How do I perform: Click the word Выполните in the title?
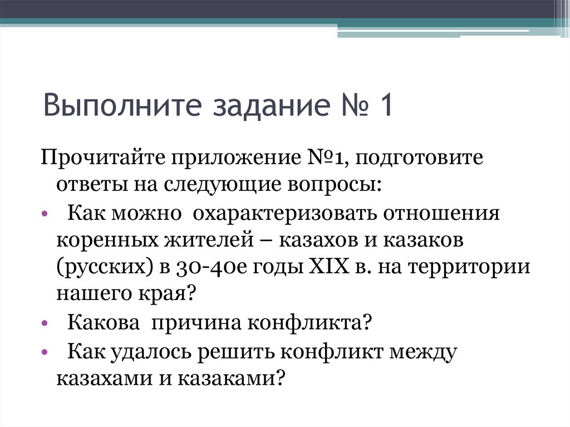pyautogui.click(x=109, y=105)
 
